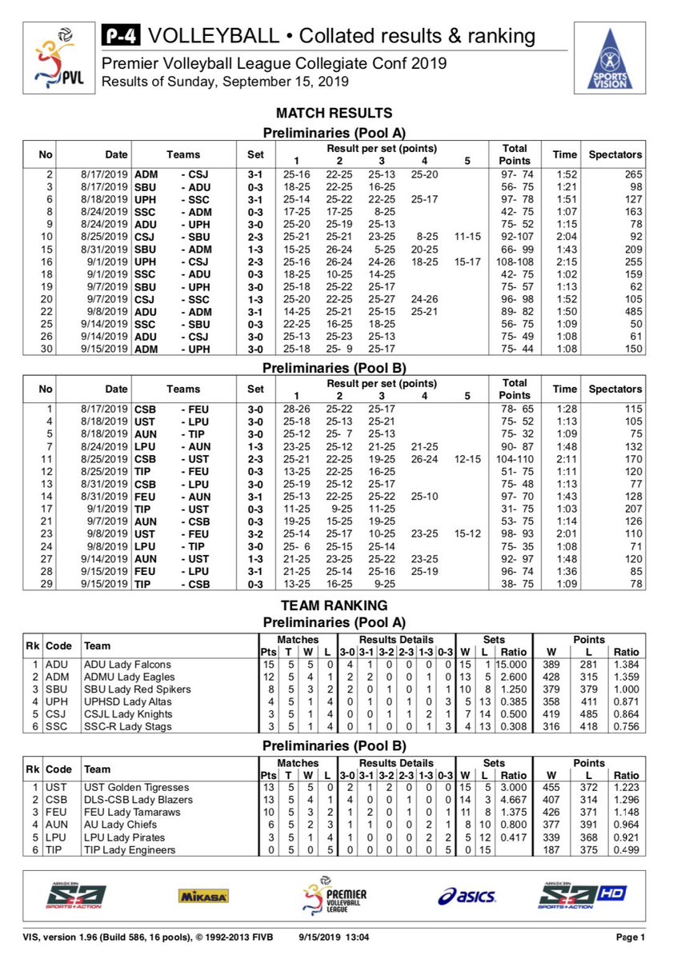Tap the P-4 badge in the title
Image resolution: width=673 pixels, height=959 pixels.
coord(120,36)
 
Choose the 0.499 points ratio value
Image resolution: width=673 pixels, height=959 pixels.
coord(626,850)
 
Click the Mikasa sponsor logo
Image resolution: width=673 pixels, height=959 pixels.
coord(203,896)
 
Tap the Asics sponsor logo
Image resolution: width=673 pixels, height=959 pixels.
coord(467,896)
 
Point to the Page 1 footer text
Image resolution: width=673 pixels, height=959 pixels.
coord(630,937)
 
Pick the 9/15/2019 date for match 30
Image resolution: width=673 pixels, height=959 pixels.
coord(106,349)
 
